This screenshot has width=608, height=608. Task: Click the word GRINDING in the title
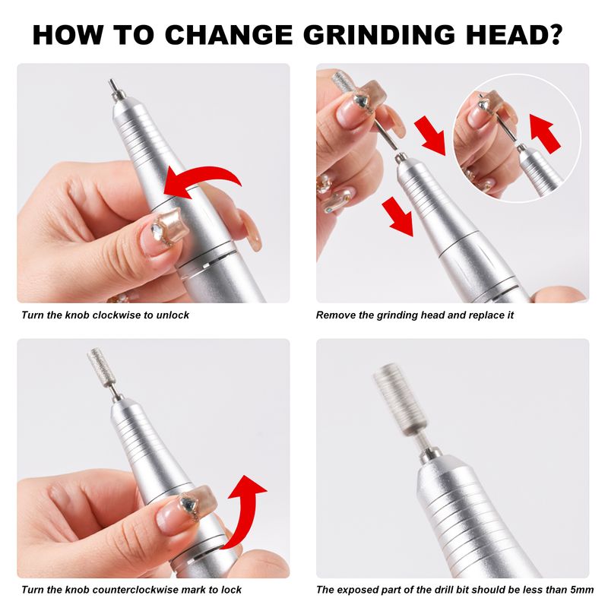click(378, 35)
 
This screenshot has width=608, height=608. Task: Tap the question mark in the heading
click(554, 34)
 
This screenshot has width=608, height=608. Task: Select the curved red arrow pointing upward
click(245, 510)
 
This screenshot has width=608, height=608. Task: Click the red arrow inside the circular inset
click(546, 133)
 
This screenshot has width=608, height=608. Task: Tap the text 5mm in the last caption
click(582, 590)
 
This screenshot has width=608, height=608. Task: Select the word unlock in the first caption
click(173, 315)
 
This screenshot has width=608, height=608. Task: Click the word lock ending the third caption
click(231, 590)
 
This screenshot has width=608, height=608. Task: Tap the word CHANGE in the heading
click(229, 35)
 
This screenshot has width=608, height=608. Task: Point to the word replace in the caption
click(485, 315)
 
